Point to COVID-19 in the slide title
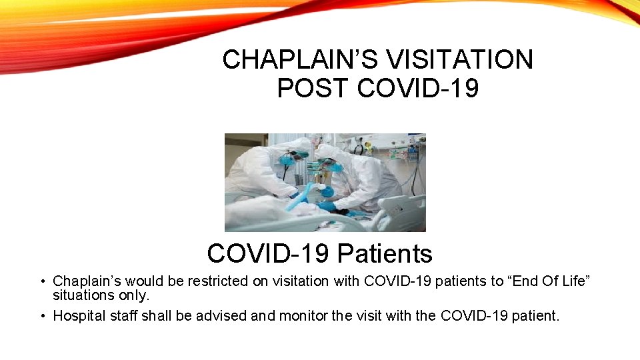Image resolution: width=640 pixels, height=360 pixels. click(x=418, y=88)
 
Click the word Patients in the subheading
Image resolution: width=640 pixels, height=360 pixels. click(x=385, y=254)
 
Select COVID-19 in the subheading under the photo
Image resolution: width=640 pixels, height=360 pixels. click(x=269, y=254)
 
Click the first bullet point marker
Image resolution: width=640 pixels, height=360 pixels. click(x=42, y=282)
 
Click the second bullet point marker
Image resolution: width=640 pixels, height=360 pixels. click(x=42, y=315)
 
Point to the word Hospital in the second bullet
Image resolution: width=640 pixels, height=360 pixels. click(x=78, y=315)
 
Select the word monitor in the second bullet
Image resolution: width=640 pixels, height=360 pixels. click(x=296, y=315)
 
